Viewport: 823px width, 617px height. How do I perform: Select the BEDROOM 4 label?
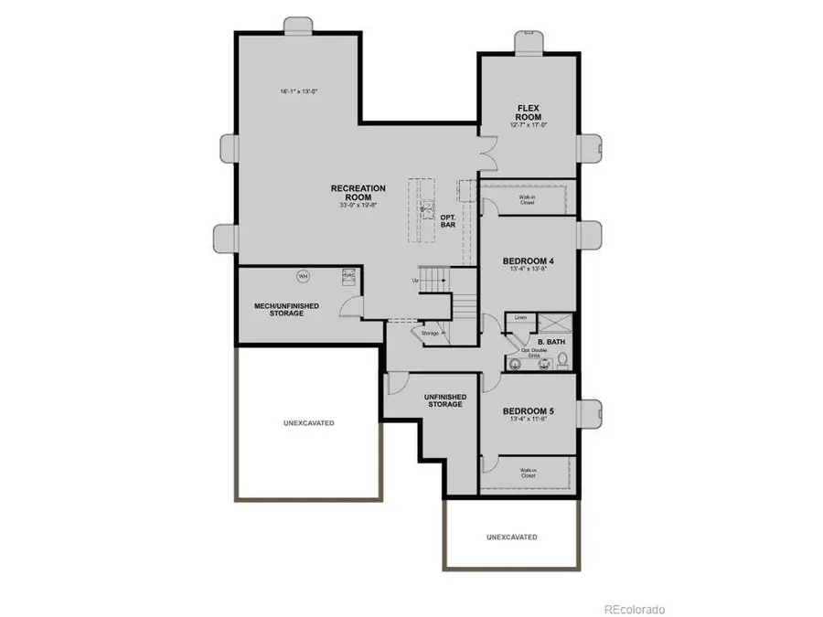[x=528, y=261]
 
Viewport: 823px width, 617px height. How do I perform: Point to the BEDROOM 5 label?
[x=528, y=411]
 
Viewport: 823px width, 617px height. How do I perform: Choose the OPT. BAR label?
[x=448, y=220]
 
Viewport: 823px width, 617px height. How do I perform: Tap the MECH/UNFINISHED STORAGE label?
[x=286, y=309]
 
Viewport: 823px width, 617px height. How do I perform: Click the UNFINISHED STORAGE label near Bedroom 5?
[x=445, y=400]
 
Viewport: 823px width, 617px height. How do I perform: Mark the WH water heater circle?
[x=303, y=275]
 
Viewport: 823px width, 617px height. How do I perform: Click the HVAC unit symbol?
[x=347, y=274]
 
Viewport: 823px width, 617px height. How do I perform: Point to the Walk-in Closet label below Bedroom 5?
[x=528, y=473]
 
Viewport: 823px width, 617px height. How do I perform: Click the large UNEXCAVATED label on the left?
[x=308, y=423]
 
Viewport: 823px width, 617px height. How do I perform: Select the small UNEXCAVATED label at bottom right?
[x=511, y=537]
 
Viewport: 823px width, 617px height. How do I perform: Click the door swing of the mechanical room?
[x=349, y=309]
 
